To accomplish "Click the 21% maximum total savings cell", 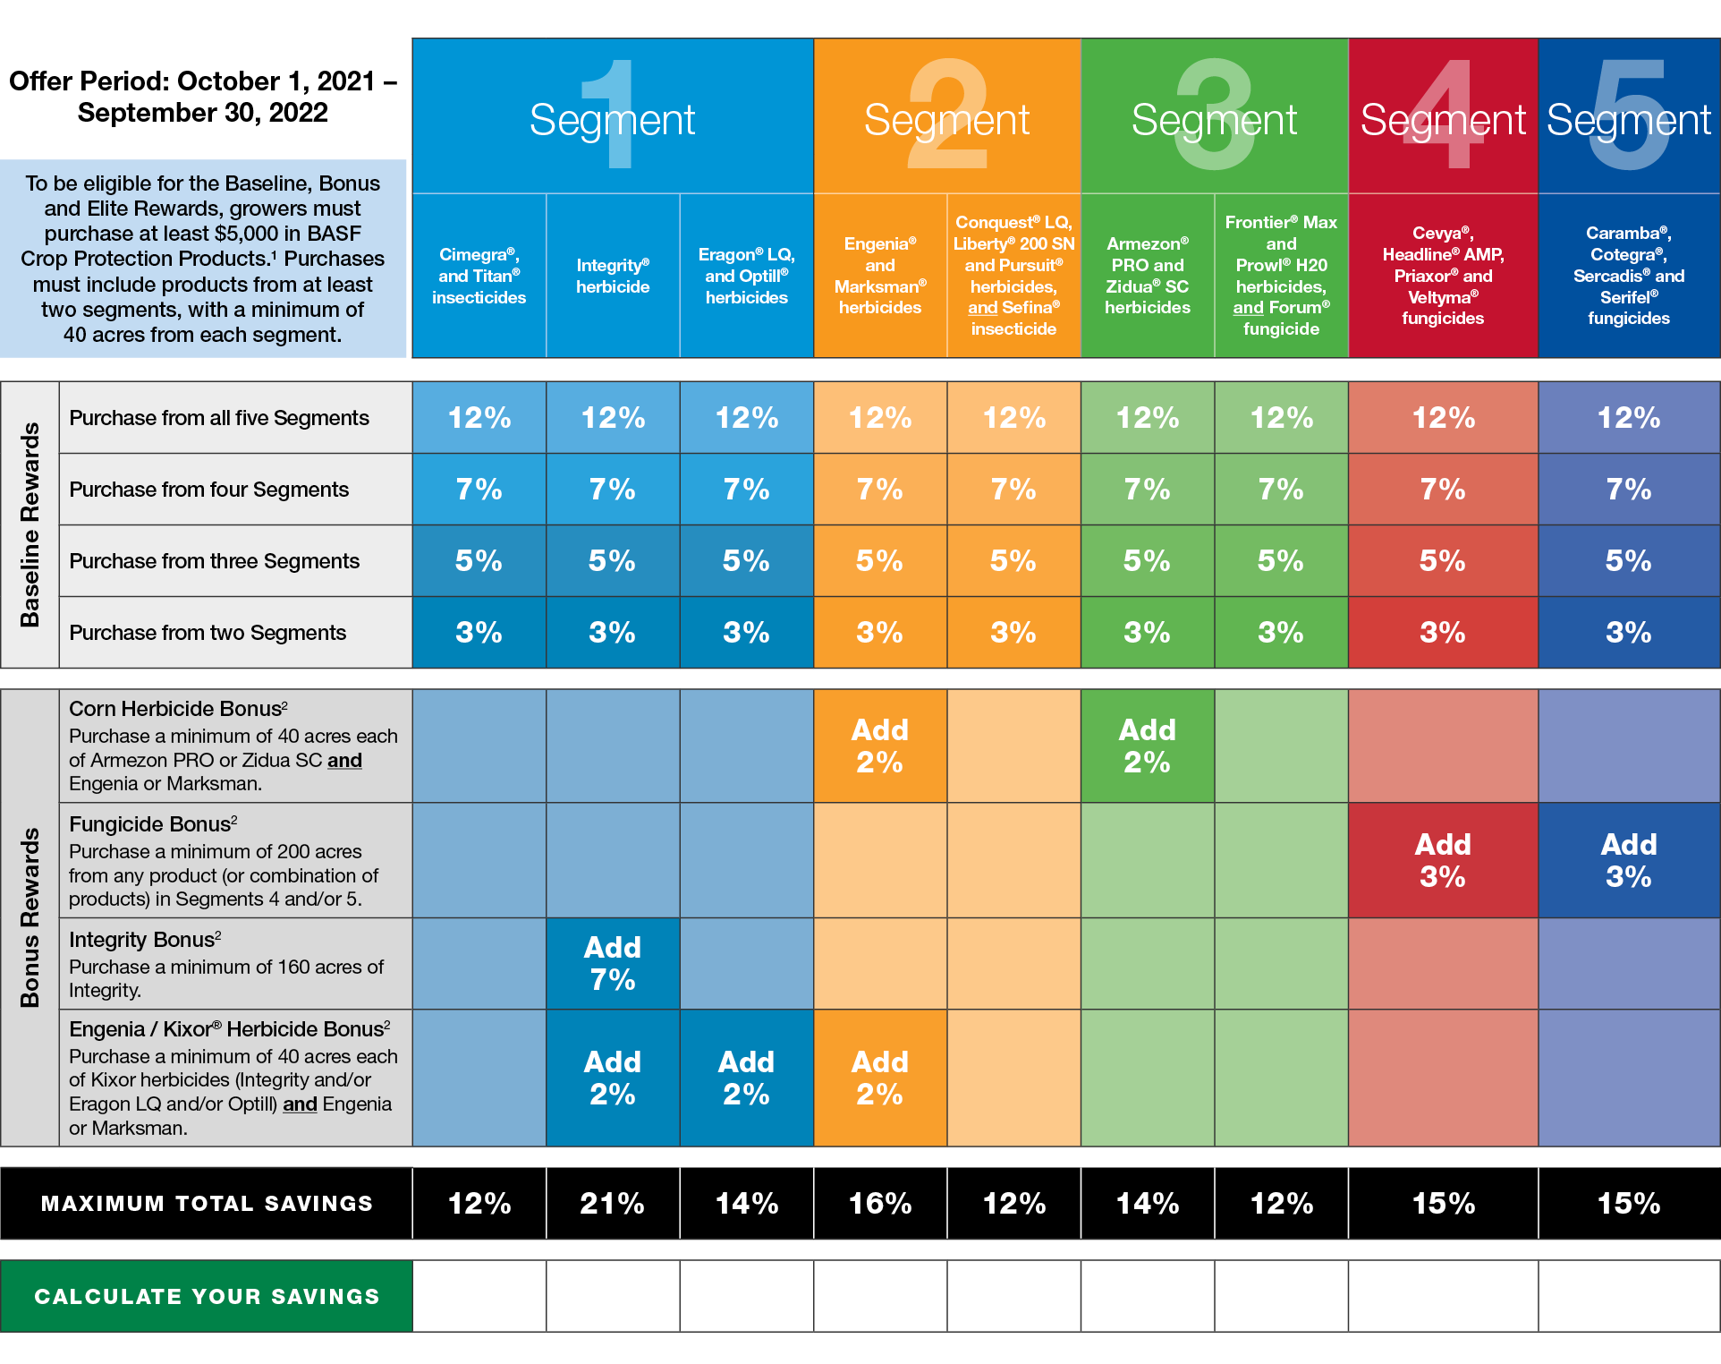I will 613,1203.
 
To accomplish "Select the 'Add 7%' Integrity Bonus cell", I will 613,964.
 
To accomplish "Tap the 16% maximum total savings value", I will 880,1203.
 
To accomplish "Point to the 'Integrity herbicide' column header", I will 613,276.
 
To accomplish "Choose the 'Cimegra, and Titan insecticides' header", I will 479,276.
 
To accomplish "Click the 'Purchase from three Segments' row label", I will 215,561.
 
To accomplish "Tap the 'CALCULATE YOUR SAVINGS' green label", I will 207,1296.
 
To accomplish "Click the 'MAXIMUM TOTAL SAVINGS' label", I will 207,1204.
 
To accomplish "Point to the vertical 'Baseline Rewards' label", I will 30,524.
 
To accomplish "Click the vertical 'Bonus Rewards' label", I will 30,917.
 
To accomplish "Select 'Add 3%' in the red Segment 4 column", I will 1443,860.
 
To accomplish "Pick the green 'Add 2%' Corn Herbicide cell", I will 1148,746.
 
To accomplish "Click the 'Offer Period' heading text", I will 203,97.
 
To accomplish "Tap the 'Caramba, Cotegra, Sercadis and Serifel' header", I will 1629,276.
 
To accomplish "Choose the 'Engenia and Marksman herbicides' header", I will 880,276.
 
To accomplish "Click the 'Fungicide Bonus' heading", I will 152,824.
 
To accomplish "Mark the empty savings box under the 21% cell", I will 613,1296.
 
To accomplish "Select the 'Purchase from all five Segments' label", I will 219,418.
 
